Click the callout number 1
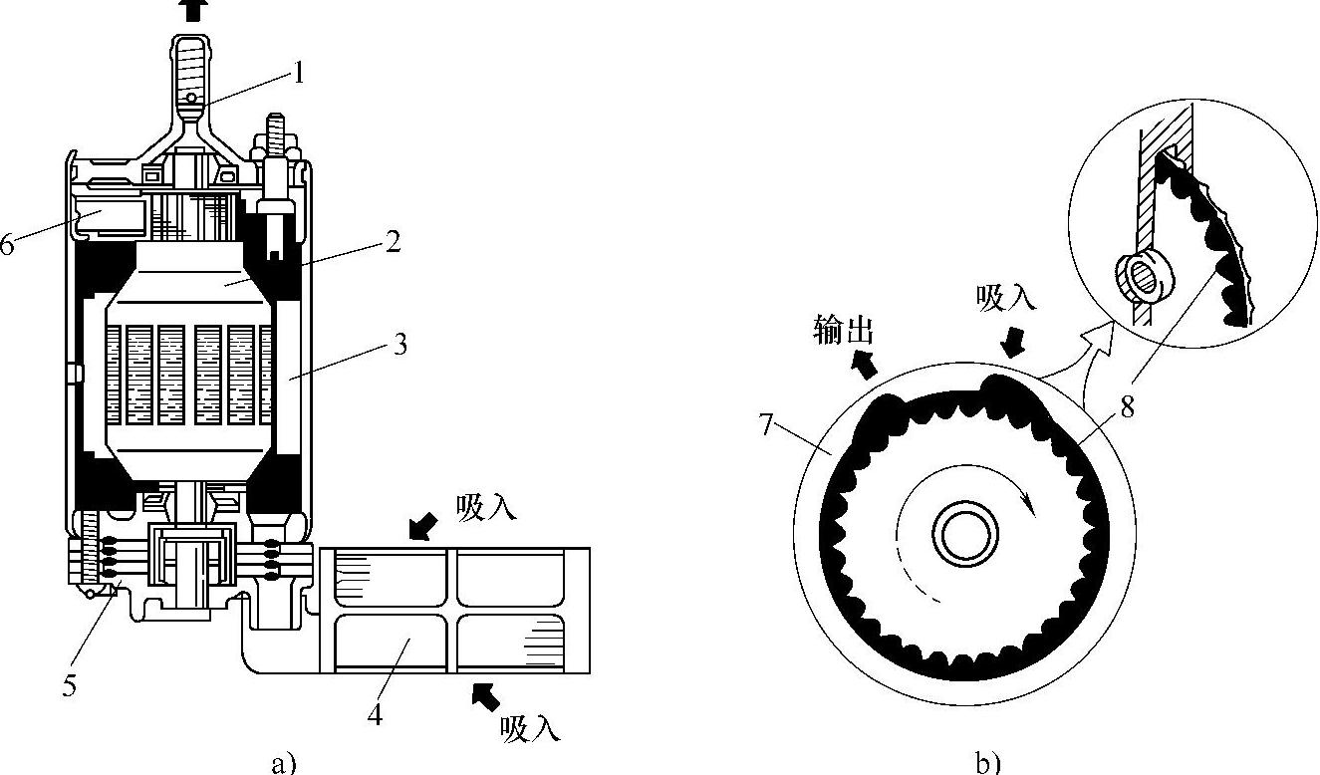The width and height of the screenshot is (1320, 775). (297, 72)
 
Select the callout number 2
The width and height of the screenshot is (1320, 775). (395, 240)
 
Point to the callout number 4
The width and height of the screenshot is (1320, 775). (376, 715)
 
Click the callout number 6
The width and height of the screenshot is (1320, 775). (7, 245)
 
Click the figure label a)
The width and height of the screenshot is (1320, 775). (284, 763)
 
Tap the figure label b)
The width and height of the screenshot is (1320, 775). (986, 763)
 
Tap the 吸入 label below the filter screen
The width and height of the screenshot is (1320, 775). (530, 728)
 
